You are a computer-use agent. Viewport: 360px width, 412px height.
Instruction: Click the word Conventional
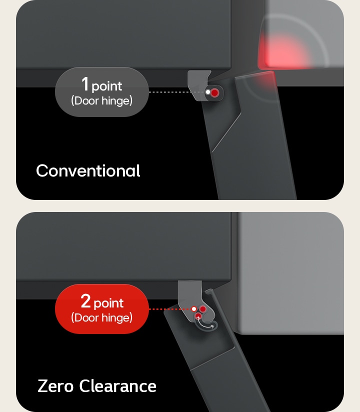(88, 171)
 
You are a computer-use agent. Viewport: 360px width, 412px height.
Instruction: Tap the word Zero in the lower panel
(56, 386)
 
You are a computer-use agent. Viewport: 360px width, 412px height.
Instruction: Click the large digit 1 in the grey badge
(85, 84)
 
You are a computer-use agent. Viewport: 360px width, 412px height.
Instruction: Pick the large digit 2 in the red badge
(85, 301)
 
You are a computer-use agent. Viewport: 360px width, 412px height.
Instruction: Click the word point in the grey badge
(107, 86)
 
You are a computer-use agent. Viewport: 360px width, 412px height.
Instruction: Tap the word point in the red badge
(108, 303)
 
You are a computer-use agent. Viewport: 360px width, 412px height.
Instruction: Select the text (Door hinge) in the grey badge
(102, 100)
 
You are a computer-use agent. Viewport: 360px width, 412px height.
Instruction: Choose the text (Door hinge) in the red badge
(102, 317)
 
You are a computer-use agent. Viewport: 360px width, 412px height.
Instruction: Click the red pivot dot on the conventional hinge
(214, 92)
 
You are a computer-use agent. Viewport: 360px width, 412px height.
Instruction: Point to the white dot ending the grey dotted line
(207, 92)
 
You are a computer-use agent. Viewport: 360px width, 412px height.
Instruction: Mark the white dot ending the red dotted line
(194, 309)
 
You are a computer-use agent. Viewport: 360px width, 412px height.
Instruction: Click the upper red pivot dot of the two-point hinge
(203, 309)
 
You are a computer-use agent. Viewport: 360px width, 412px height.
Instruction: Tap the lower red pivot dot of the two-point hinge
(198, 316)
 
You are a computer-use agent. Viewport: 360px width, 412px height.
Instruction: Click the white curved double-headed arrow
(206, 325)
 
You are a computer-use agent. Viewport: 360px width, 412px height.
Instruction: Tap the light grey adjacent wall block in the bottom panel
(290, 272)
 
